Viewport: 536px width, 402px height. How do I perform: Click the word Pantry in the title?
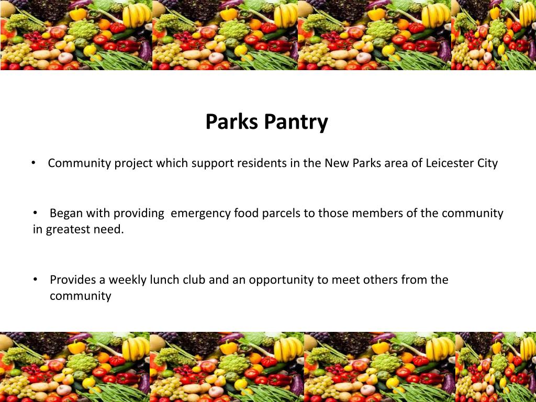(296, 122)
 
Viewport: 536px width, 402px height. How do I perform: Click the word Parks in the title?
(232, 121)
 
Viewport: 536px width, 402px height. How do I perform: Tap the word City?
(487, 163)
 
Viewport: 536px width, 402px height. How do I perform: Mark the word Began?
(66, 214)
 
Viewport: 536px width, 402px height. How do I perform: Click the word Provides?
(72, 280)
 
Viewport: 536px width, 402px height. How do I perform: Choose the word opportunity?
(282, 280)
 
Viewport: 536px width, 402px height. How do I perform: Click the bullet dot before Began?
(36, 213)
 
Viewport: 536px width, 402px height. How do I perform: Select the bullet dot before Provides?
(36, 280)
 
